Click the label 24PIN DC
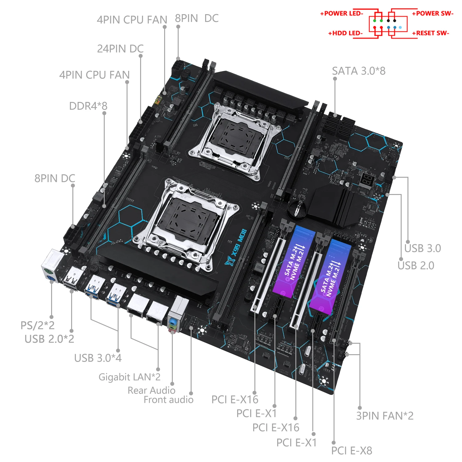(120, 49)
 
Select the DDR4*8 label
(88, 106)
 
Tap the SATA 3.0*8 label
(359, 71)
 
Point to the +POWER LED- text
(342, 13)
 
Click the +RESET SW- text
(431, 33)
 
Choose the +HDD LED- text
(345, 33)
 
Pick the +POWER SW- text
(433, 13)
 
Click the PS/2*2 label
(37, 325)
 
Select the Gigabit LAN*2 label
(129, 377)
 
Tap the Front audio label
(168, 400)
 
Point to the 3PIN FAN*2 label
(385, 416)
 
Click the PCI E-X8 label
(351, 451)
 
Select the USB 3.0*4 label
(98, 358)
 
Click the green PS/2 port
(48, 272)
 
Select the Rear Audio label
(151, 390)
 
